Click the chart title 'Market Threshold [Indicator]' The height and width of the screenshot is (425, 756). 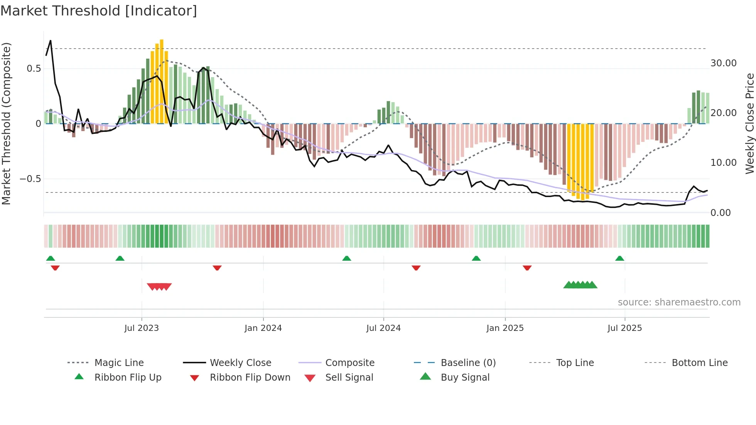(99, 11)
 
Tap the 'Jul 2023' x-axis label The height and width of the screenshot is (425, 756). (142, 328)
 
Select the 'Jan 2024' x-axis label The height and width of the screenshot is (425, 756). (263, 328)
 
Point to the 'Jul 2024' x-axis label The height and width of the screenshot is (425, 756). (383, 328)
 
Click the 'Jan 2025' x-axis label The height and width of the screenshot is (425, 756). (505, 328)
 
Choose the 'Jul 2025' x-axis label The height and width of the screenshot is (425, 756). (624, 328)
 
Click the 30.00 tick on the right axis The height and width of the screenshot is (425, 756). (723, 63)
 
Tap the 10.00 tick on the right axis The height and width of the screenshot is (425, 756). (723, 163)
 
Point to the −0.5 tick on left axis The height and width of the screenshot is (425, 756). (30, 179)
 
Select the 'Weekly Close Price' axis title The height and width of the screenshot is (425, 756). (749, 123)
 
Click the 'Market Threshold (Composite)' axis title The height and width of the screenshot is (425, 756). (6, 123)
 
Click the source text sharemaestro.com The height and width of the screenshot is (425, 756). (679, 302)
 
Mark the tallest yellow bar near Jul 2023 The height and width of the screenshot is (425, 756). (162, 81)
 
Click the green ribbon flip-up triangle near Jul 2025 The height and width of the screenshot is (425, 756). (619, 258)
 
